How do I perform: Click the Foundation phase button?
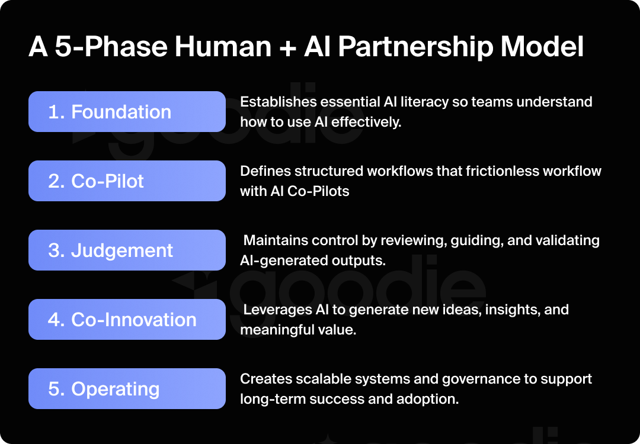127,112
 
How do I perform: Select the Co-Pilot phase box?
127,181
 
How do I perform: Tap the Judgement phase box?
127,250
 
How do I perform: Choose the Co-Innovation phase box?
127,320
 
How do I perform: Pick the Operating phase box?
127,389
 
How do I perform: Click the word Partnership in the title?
421,47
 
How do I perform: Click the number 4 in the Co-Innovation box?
54,320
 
